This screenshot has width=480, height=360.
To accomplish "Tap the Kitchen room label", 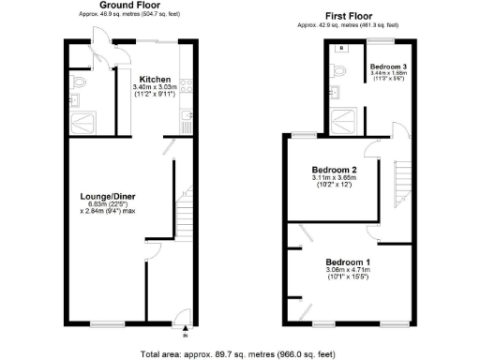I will tap(154, 80).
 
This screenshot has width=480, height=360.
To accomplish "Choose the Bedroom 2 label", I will tap(334, 169).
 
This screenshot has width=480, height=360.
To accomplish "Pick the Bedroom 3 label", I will tap(387, 67).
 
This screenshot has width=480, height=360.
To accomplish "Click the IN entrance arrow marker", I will tap(186, 331).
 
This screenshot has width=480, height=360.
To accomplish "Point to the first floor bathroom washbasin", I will tap(342, 49).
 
